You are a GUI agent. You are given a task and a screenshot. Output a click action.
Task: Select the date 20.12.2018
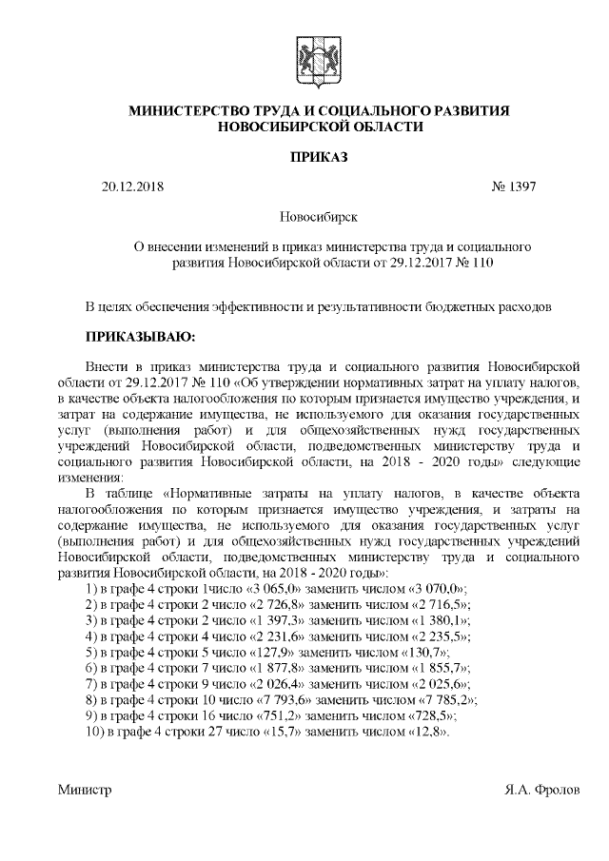[x=132, y=186]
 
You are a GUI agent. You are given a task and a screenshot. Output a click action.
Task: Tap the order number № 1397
[x=514, y=186]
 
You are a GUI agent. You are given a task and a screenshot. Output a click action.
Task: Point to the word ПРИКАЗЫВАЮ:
[x=140, y=336]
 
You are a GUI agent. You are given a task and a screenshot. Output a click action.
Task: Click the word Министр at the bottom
[x=85, y=790]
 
